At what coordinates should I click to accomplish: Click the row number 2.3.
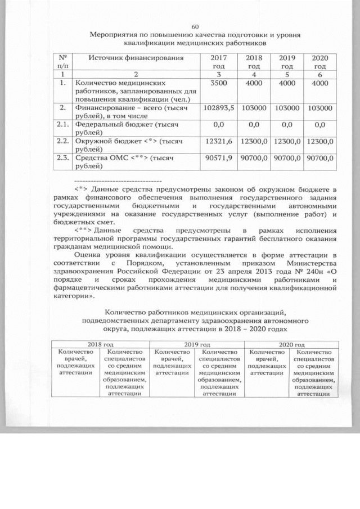click(x=63, y=159)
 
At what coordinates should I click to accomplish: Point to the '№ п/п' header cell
click(x=63, y=62)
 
